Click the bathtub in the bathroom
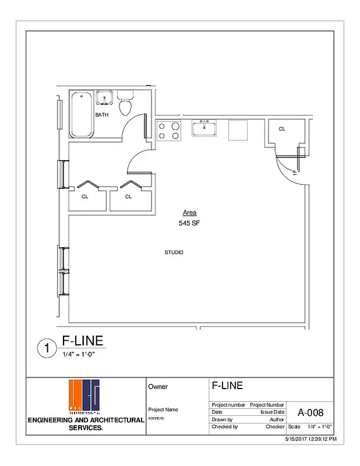point(81,114)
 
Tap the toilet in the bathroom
point(124,105)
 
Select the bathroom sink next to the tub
point(104,97)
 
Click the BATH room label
point(102,115)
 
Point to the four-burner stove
point(169,130)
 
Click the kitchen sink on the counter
point(204,128)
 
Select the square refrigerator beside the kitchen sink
point(239,130)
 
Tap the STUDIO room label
point(174,252)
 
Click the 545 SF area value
point(189,223)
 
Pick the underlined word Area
point(189,213)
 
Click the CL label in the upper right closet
point(281,129)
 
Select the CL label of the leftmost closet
point(85,196)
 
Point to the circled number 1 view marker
point(46,348)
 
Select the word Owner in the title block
point(158,386)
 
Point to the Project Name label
point(163,409)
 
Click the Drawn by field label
point(222,419)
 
